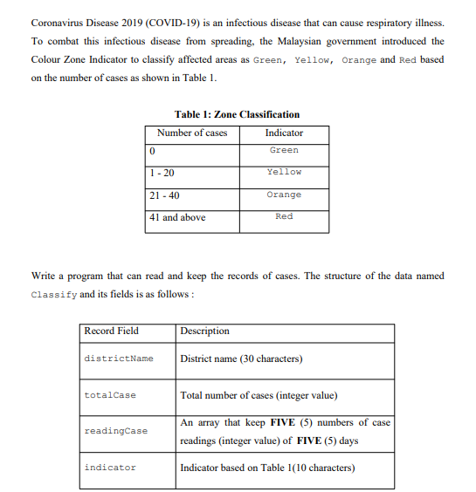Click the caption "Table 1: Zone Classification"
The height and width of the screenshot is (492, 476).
click(x=237, y=114)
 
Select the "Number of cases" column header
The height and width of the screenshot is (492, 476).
click(x=192, y=133)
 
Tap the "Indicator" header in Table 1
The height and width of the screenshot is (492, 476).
click(x=284, y=133)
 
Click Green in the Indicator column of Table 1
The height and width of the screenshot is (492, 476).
click(x=284, y=150)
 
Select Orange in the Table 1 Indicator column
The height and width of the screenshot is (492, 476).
click(x=284, y=195)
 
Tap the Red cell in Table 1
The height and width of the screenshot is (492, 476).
click(x=284, y=216)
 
